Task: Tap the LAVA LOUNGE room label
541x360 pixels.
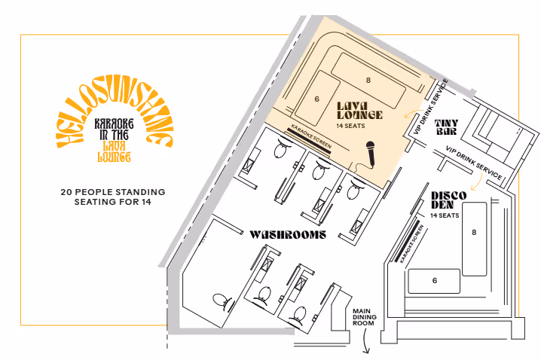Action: (359, 110)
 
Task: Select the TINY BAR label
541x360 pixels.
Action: (448, 126)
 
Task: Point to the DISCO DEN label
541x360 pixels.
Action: (448, 201)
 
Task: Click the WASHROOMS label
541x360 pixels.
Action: (287, 235)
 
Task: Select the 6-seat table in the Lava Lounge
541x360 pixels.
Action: (317, 99)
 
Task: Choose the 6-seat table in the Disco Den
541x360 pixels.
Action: (434, 280)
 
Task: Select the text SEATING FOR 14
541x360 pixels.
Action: (113, 203)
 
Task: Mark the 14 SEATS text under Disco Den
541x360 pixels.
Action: (445, 216)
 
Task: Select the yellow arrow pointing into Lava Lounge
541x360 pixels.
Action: (410, 114)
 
